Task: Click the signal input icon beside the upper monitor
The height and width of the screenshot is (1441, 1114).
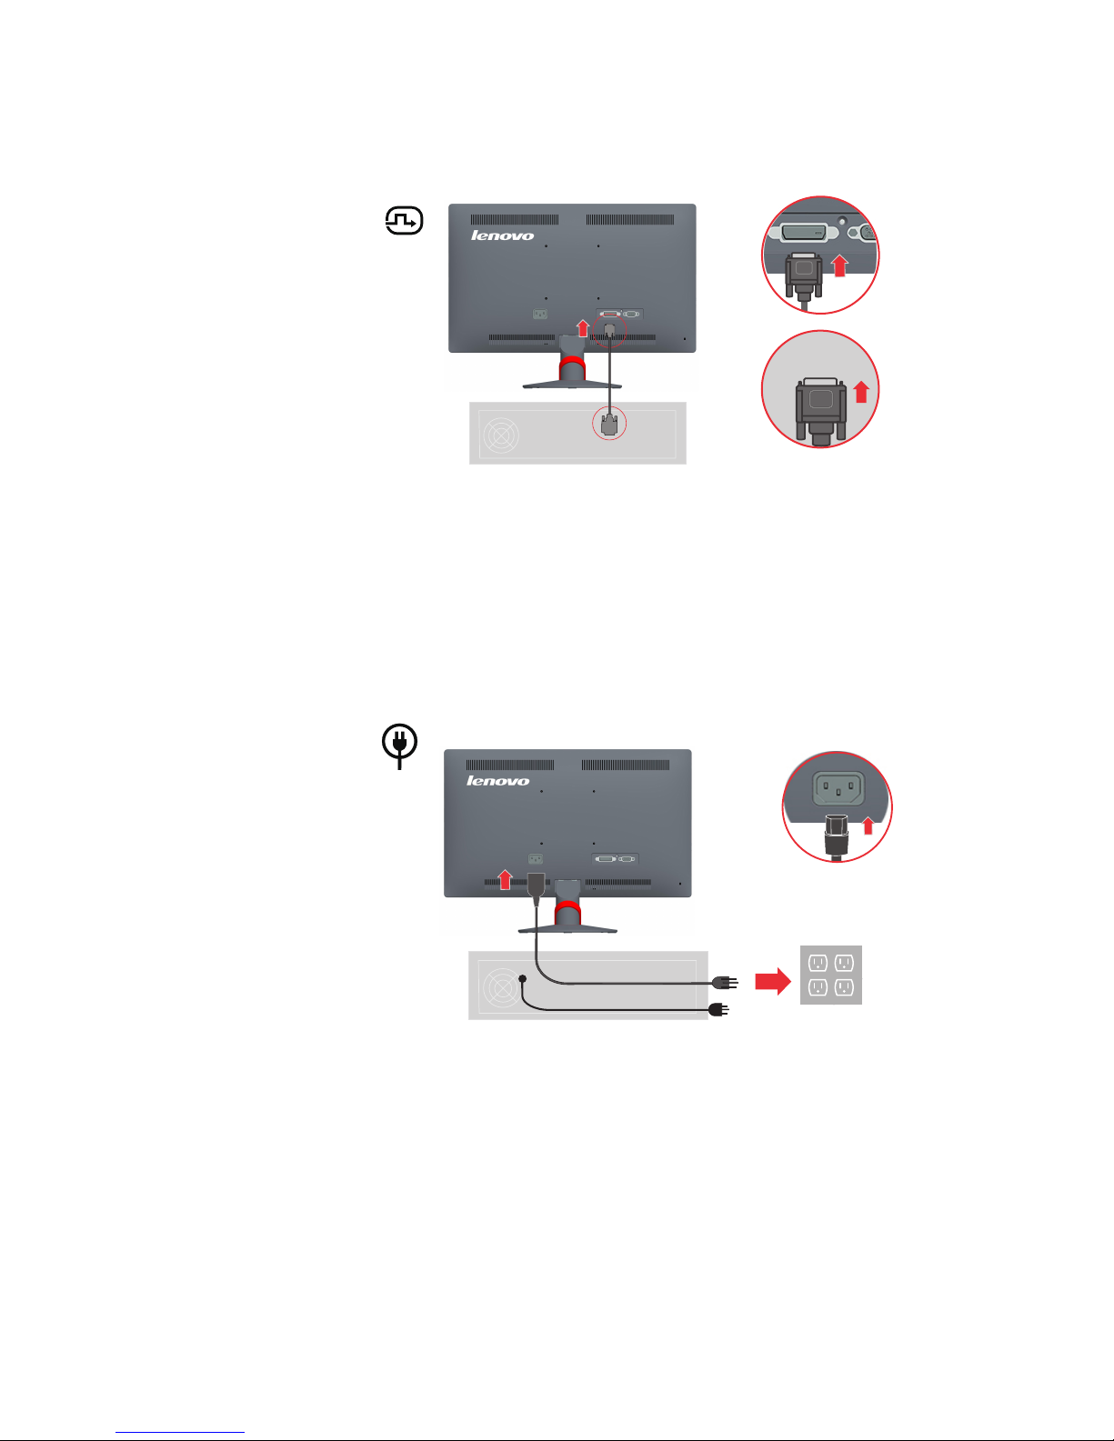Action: pyautogui.click(x=404, y=221)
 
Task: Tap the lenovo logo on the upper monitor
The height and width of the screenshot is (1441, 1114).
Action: pyautogui.click(x=502, y=235)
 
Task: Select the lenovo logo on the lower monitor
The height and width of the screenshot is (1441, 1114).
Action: pyautogui.click(x=497, y=781)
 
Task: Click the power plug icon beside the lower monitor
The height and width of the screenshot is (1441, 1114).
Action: pyautogui.click(x=399, y=746)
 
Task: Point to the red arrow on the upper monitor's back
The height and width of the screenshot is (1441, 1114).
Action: pyautogui.click(x=582, y=327)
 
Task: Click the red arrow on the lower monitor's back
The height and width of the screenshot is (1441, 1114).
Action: pyautogui.click(x=506, y=879)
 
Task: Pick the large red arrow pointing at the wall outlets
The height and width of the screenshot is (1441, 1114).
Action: pyautogui.click(x=772, y=982)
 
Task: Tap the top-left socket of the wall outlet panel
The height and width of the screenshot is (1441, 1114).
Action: pyautogui.click(x=818, y=962)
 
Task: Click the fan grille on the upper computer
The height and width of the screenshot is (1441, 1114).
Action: pyautogui.click(x=501, y=435)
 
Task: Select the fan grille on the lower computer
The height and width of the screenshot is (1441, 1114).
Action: pyautogui.click(x=501, y=987)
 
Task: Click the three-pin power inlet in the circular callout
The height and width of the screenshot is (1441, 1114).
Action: pyautogui.click(x=838, y=788)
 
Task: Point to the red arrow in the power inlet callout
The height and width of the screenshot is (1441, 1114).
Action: pyautogui.click(x=868, y=826)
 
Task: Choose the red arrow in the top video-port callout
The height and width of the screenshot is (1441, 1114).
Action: pyautogui.click(x=839, y=265)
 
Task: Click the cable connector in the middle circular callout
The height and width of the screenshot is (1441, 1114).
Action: pyautogui.click(x=821, y=411)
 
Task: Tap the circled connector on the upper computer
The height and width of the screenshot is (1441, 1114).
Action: pyautogui.click(x=608, y=424)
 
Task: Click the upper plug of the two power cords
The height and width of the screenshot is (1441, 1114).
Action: pyautogui.click(x=724, y=982)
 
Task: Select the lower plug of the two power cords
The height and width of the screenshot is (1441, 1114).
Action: pyautogui.click(x=718, y=1010)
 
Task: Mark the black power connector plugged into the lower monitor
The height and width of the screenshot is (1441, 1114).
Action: pyautogui.click(x=536, y=886)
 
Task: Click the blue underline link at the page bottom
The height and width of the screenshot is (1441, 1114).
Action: pyautogui.click(x=180, y=1432)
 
